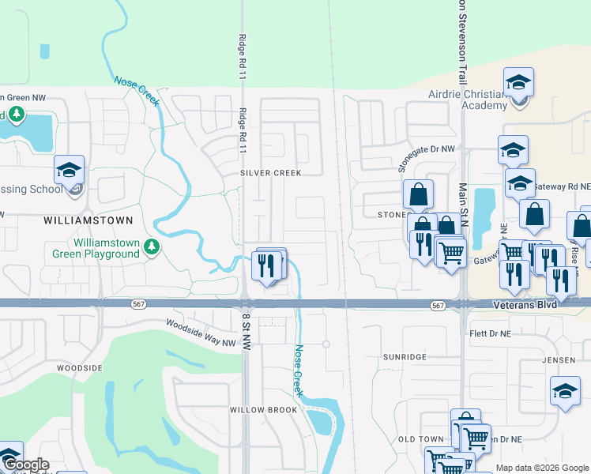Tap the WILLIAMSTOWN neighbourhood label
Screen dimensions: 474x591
pos(89,220)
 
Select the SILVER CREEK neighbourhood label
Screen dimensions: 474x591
pos(271,173)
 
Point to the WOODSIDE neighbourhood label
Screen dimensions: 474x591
pos(80,368)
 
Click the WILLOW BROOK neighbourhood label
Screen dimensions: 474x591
pos(263,410)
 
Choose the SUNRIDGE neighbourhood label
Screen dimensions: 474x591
pos(405,357)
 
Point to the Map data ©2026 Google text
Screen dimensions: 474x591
pos(542,468)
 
